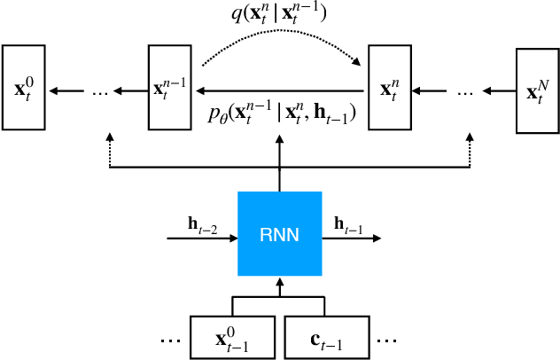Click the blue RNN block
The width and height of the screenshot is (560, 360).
click(279, 234)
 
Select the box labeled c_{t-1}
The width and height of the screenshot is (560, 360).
click(326, 338)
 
